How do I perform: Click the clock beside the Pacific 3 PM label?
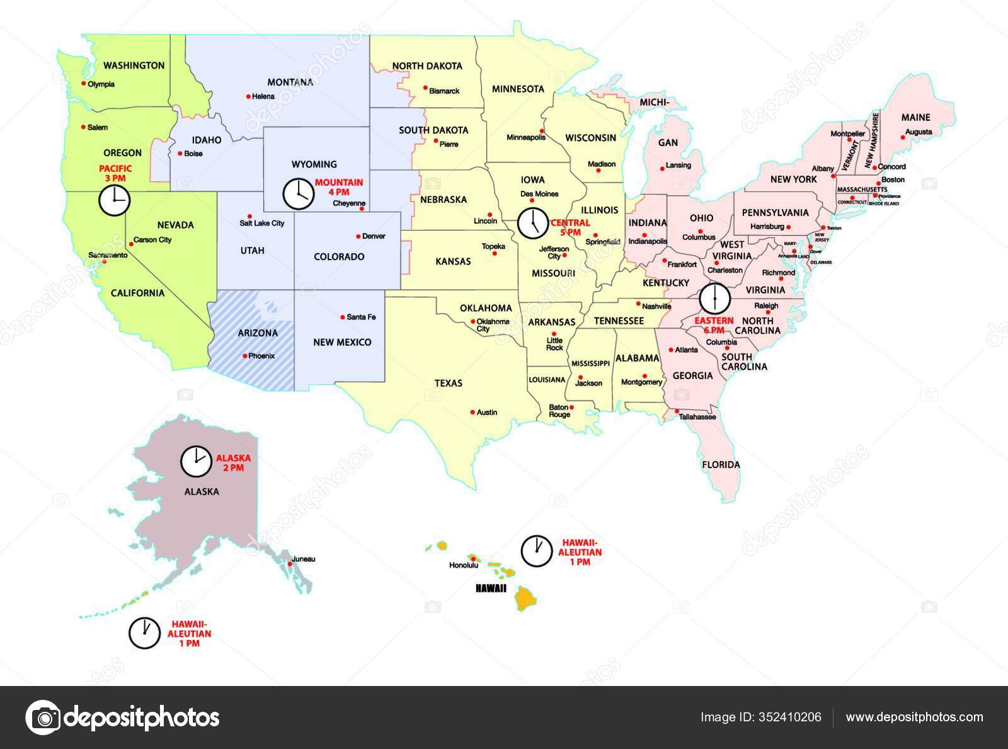tap(114, 201)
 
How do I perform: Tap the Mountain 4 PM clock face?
tap(297, 193)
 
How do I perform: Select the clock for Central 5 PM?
tap(533, 222)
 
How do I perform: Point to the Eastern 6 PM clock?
tap(714, 297)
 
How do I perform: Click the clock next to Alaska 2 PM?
tap(196, 462)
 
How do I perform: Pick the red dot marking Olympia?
tap(83, 83)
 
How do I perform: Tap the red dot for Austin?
tap(472, 412)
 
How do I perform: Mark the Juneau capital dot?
tap(289, 564)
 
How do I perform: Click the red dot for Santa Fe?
tap(342, 317)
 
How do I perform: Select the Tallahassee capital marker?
tap(677, 412)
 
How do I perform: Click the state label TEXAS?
tap(448, 383)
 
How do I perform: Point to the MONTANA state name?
tap(290, 83)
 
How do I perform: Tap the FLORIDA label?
tap(721, 465)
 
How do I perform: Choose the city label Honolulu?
tap(463, 565)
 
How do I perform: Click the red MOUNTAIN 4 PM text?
tap(339, 187)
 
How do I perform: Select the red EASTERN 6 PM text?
tap(714, 325)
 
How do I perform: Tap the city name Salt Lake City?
tap(262, 223)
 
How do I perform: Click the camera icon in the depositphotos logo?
tap(43, 717)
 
